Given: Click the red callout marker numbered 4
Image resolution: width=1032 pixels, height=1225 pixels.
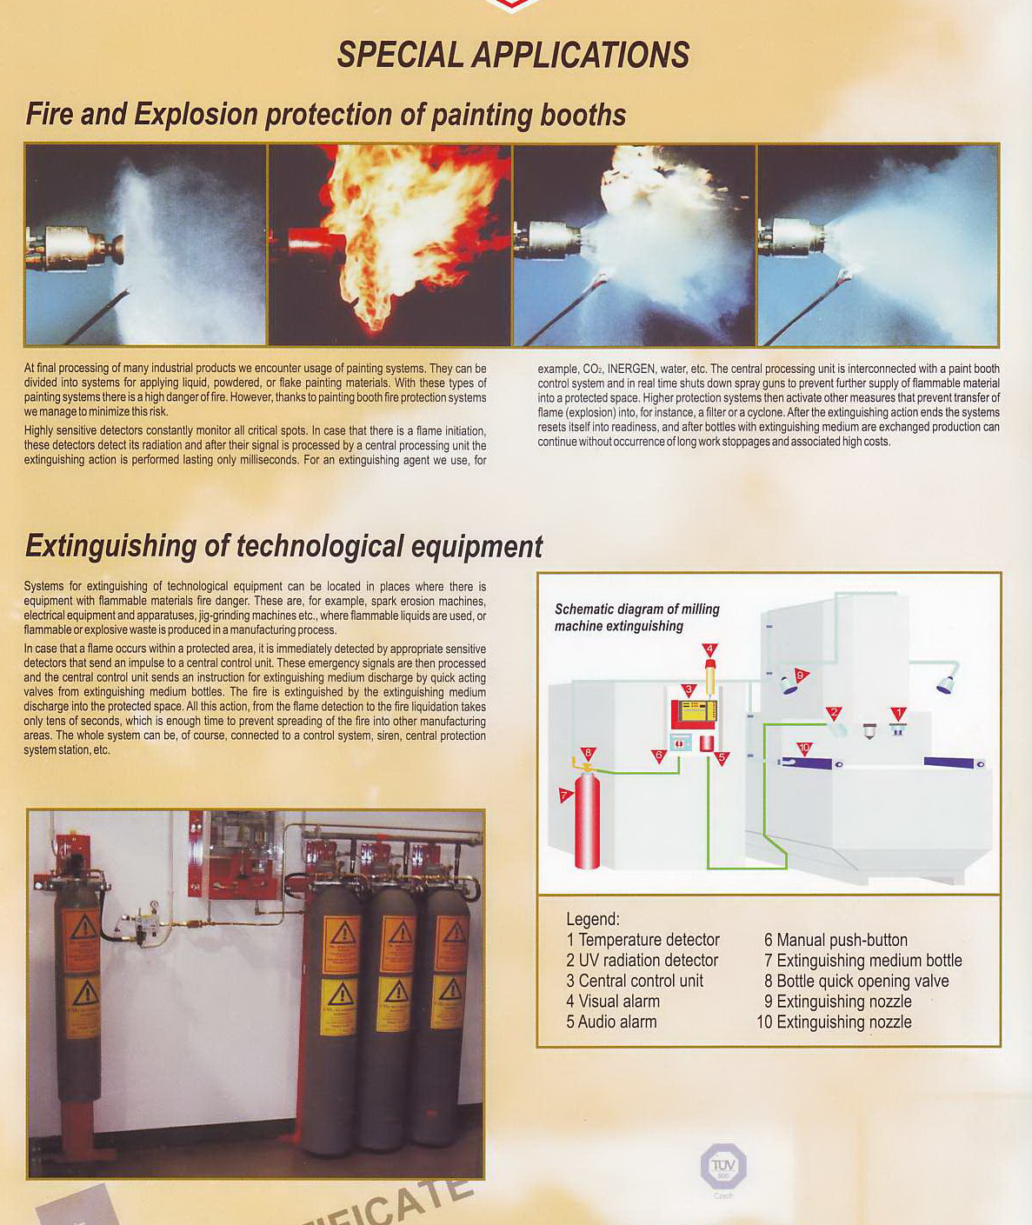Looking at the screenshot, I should point(709,649).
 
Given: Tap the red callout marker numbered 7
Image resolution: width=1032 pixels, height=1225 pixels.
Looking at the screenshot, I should point(565,795).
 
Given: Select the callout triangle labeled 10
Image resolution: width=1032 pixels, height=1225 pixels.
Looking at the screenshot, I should point(804,748).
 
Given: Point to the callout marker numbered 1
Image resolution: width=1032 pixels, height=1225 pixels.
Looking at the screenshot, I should point(899,714).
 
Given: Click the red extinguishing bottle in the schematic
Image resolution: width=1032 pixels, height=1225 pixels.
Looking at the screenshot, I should point(588,822).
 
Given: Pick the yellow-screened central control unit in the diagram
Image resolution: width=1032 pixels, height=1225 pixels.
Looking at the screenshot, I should point(693,714).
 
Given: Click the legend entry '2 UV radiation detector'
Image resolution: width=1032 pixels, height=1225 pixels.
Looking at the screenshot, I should point(642,960).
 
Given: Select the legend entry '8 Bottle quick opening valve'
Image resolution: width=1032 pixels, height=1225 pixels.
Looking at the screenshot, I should point(856,981).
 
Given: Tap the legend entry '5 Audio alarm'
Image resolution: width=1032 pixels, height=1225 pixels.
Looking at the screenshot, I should point(611,1022).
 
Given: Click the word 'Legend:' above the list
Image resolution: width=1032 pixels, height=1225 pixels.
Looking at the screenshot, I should point(593,919).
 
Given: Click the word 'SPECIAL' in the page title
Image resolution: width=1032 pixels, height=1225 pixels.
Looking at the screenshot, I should point(400,55).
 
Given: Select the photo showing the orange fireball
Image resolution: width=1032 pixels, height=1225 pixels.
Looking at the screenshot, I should point(389,245).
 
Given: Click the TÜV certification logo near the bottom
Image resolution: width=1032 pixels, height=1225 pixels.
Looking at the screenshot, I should point(723,1166).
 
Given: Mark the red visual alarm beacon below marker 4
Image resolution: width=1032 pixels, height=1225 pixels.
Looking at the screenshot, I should point(710,676).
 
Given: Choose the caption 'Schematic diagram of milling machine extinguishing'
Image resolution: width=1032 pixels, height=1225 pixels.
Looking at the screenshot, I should point(636,617).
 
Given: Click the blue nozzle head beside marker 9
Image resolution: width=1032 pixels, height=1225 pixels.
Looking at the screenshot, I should point(789,686).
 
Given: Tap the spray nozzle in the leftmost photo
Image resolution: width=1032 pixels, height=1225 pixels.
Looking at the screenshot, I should point(78,247).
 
